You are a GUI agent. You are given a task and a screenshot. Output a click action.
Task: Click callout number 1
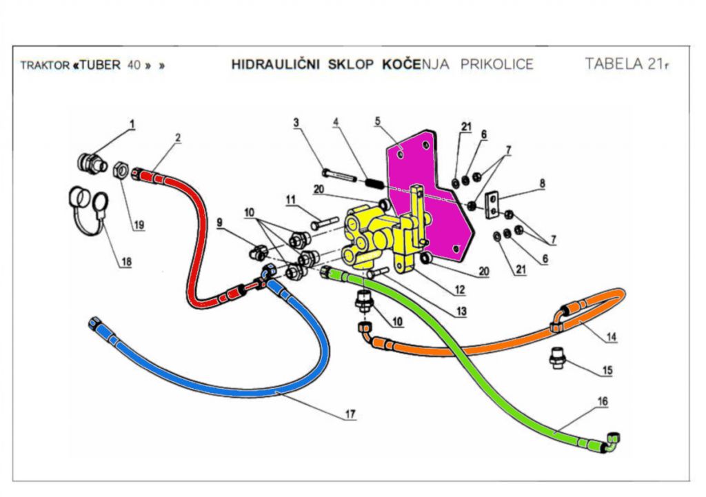click(x=132, y=125)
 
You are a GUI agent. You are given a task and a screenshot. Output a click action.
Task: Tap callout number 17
click(x=350, y=414)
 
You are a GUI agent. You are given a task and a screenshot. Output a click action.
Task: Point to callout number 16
click(x=603, y=401)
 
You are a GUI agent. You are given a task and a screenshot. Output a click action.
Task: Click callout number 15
click(x=607, y=370)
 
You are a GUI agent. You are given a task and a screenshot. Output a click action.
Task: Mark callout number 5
click(x=377, y=120)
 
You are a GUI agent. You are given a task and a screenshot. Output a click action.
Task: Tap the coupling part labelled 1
click(x=89, y=163)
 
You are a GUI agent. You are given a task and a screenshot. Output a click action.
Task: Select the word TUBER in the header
click(x=103, y=65)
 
